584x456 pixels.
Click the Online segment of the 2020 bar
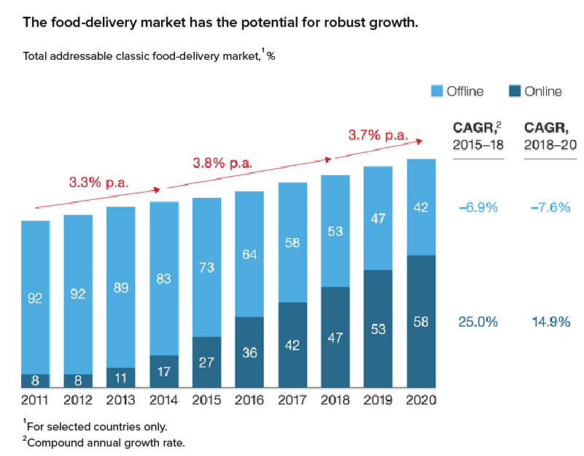tap(421, 321)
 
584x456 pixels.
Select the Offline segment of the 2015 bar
tap(207, 267)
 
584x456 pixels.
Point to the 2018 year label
tap(335, 399)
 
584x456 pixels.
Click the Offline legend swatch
tap(437, 91)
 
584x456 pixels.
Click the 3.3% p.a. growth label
tap(98, 182)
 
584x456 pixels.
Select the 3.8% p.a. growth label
tap(222, 163)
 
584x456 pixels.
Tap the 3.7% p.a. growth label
tap(378, 135)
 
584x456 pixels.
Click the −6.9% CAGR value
tap(478, 207)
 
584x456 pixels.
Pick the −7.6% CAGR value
tap(550, 207)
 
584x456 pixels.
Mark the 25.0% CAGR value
tap(478, 322)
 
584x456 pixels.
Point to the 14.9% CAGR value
tap(550, 322)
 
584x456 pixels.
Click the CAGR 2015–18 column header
tap(478, 136)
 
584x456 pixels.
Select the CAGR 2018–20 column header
tap(550, 136)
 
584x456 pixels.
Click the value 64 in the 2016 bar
tap(249, 254)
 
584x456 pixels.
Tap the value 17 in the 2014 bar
tap(163, 371)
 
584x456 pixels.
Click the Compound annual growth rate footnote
tap(106, 441)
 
